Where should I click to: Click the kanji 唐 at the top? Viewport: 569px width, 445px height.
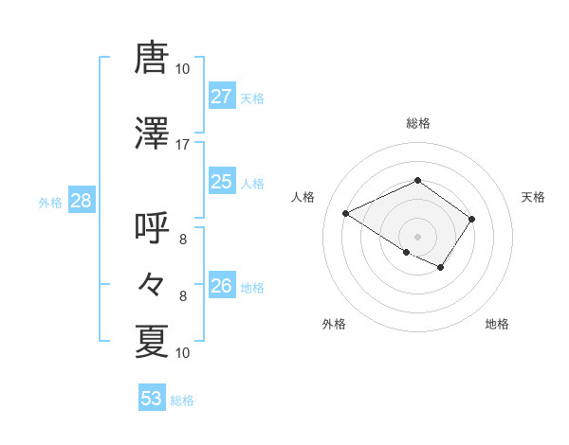point(152,59)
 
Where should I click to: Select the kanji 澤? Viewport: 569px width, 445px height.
point(152,133)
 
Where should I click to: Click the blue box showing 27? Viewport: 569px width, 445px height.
point(221,97)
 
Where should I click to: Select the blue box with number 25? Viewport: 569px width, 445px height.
point(221,182)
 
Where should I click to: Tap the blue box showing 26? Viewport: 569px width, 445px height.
point(221,286)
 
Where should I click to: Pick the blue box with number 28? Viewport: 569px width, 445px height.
point(81,201)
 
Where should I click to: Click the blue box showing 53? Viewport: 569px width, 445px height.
point(152,399)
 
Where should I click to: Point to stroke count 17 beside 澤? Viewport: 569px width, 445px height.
point(183,144)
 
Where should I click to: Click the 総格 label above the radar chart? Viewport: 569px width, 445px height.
point(417,123)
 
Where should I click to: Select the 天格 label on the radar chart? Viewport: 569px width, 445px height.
point(533,197)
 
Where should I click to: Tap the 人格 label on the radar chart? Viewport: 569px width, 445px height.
point(303,197)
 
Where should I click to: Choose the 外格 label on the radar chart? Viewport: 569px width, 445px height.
point(334,324)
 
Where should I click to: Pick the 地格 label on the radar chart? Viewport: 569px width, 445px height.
point(497,324)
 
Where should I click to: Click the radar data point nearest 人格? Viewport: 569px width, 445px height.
point(346,213)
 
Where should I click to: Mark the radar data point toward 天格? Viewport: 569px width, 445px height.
point(471,219)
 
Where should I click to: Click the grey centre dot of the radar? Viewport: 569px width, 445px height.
point(417,235)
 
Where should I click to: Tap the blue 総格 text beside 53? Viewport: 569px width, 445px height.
point(182,400)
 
